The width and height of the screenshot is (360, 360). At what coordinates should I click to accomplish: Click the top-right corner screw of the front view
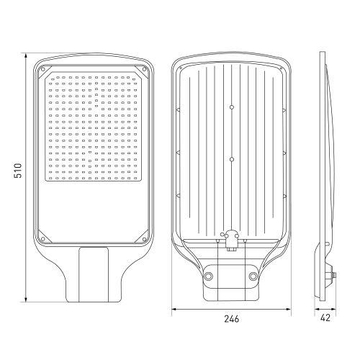tap(145, 69)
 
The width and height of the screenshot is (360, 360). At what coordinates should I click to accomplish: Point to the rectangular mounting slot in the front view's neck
tap(94, 274)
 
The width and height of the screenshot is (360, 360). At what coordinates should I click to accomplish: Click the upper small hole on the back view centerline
tap(231, 107)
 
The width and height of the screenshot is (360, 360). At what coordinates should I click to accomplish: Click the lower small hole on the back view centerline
tap(231, 158)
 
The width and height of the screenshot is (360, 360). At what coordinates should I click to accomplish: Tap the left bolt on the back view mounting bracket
tap(210, 276)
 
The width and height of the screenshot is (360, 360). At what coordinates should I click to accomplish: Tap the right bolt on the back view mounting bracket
tap(253, 276)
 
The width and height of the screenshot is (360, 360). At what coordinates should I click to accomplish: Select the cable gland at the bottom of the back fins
tap(231, 240)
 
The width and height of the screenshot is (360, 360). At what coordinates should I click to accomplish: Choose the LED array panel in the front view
tap(94, 126)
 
